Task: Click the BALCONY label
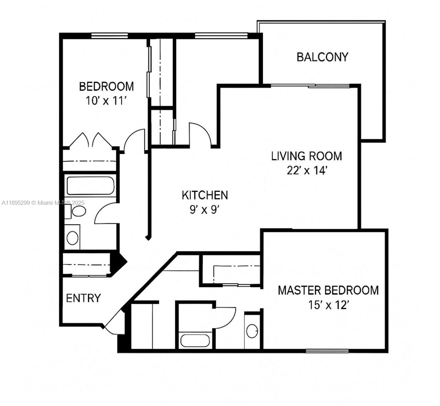point(322,57)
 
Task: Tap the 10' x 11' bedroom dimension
point(106,101)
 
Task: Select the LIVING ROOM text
point(306,156)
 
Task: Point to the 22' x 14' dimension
point(306,171)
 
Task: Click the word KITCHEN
point(205,195)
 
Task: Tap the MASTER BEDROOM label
point(328,290)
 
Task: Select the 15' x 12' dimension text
point(328,305)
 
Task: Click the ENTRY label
point(83,298)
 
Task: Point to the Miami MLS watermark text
point(43,203)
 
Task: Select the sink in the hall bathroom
point(72,238)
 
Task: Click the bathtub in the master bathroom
point(196,340)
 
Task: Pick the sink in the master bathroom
point(252,331)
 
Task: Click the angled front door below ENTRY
point(112,321)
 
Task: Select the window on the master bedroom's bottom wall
point(327,351)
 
